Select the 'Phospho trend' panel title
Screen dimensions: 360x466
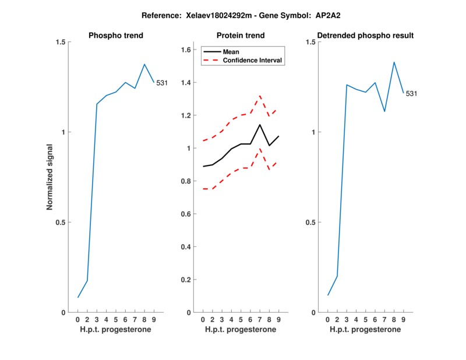pyautogui.click(x=116, y=36)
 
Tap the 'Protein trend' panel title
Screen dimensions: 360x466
pyautogui.click(x=241, y=36)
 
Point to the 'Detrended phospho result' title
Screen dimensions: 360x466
pyautogui.click(x=365, y=36)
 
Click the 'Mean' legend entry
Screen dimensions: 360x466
pyautogui.click(x=231, y=52)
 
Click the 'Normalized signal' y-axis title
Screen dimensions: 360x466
pyautogui.click(x=50, y=177)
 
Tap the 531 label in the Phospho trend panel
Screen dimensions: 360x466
pyautogui.click(x=162, y=83)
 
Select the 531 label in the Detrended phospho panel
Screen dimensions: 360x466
pyautogui.click(x=411, y=93)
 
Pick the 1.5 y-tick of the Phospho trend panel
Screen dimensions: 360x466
pyautogui.click(x=59, y=42)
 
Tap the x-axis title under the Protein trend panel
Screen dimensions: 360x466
pyautogui.click(x=241, y=330)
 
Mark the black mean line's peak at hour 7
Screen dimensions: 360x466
pyautogui.click(x=260, y=125)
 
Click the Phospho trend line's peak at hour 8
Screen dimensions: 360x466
pyautogui.click(x=144, y=64)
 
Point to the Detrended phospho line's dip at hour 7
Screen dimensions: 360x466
pyautogui.click(x=384, y=111)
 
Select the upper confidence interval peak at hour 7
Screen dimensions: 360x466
pyautogui.click(x=260, y=96)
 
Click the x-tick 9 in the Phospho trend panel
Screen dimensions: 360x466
pyautogui.click(x=154, y=319)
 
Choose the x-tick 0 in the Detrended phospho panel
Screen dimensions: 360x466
pyautogui.click(x=327, y=319)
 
